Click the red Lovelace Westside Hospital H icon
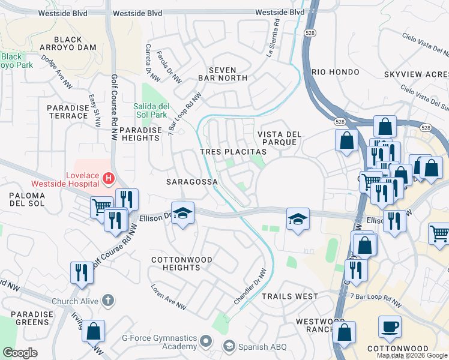109,178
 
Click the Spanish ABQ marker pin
229,346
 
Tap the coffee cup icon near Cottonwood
390,326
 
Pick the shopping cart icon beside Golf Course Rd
101,206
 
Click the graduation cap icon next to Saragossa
182,212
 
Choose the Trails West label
289,296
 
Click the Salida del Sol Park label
158,110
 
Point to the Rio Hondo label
334,71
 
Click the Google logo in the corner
20,353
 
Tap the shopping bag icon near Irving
93,331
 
